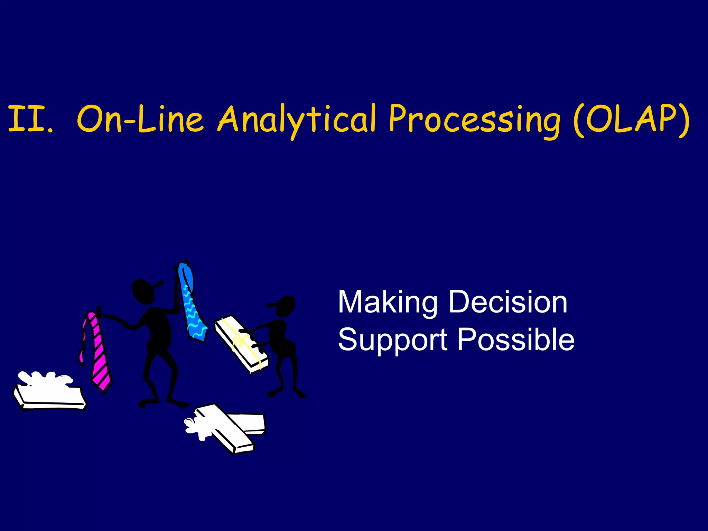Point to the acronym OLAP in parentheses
point(631,119)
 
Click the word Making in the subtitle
point(388,302)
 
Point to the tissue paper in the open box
point(45,379)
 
